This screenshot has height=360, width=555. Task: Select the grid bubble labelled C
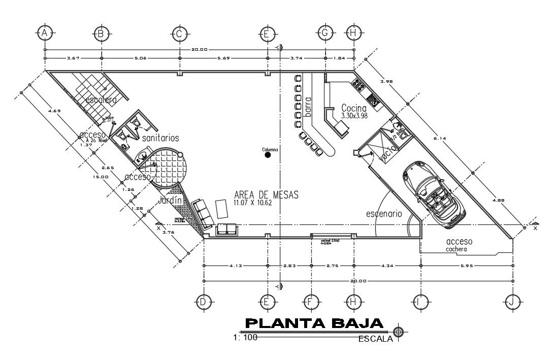[x=179, y=34]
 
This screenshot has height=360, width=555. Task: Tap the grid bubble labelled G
[x=325, y=33]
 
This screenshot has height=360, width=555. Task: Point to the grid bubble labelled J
[x=512, y=302]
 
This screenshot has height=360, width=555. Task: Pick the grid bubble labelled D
[x=203, y=302]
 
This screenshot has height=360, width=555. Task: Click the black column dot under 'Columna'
[x=268, y=155]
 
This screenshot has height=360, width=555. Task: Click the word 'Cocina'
[x=354, y=108]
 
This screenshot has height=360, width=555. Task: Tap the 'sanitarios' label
[x=160, y=138]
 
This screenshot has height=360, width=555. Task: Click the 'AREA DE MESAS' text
[x=266, y=194]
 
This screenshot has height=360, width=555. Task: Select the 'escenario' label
[x=384, y=214]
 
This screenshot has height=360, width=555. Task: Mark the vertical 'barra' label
[x=308, y=107]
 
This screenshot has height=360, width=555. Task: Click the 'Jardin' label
[x=170, y=201]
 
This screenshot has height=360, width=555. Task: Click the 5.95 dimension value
[x=466, y=266]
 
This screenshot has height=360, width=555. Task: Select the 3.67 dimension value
[x=74, y=58]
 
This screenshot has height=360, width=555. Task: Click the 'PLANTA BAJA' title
[x=314, y=323]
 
